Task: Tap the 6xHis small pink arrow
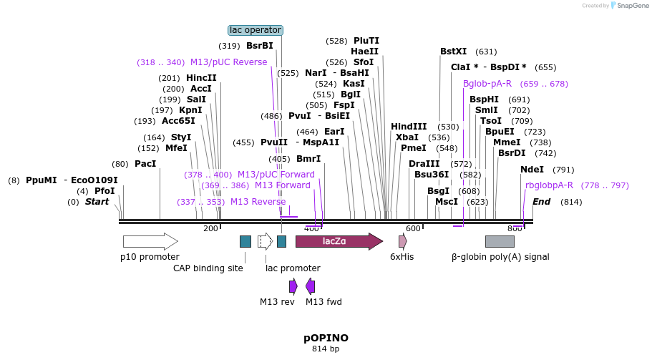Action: click(x=403, y=241)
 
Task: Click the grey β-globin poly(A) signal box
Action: click(x=500, y=241)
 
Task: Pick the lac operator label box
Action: click(x=256, y=30)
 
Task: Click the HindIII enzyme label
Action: click(x=409, y=127)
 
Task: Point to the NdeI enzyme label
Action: click(x=532, y=170)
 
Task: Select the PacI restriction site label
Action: click(x=145, y=164)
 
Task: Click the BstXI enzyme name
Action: click(x=453, y=52)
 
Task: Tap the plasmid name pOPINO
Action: click(x=326, y=337)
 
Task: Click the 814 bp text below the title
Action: click(x=326, y=349)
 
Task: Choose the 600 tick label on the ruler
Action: click(x=413, y=228)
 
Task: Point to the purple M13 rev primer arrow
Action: click(x=293, y=286)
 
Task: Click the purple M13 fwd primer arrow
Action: click(x=311, y=286)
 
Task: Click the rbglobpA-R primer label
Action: click(x=549, y=185)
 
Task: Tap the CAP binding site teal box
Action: click(x=245, y=241)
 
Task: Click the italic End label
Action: click(x=541, y=202)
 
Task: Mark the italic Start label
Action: click(x=97, y=202)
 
